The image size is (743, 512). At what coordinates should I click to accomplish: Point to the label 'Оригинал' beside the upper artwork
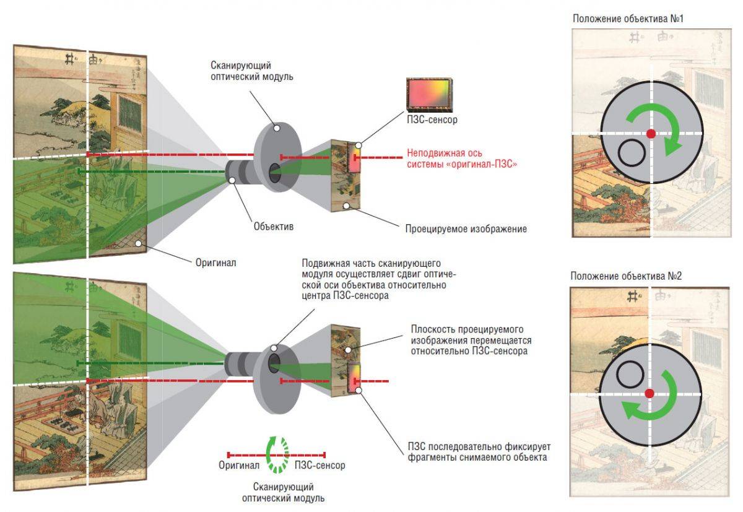[x=215, y=263]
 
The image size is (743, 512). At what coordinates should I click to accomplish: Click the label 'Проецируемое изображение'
[x=466, y=229]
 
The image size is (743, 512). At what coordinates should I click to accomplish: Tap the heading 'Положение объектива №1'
[x=628, y=19]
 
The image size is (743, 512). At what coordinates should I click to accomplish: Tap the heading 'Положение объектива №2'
[x=626, y=276]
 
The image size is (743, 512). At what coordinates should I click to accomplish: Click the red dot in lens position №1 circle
[x=651, y=134]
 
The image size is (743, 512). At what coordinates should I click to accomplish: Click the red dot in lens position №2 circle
[x=649, y=394]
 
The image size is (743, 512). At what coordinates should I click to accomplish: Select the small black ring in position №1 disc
[x=630, y=152]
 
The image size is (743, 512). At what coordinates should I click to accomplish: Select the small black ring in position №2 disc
[x=630, y=374]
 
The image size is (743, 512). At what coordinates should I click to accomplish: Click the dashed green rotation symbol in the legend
[x=277, y=454]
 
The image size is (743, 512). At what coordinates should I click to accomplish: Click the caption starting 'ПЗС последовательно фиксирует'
[x=479, y=452]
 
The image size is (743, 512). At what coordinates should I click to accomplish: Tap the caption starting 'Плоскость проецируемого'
[x=471, y=341]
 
